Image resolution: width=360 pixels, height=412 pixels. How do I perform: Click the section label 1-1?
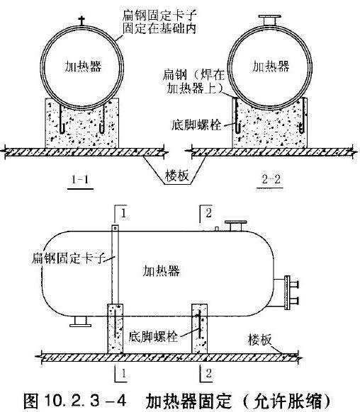pyautogui.click(x=80, y=180)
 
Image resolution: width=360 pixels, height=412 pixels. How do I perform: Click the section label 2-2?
pyautogui.click(x=271, y=179)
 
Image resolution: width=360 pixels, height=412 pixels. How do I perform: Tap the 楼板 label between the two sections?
pyautogui.click(x=177, y=176)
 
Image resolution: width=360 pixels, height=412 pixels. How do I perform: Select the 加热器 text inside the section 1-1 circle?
pyautogui.click(x=83, y=67)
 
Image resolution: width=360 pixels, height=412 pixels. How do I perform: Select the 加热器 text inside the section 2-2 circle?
pyautogui.click(x=271, y=67)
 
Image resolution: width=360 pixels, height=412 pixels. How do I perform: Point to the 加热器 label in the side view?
pyautogui.click(x=161, y=270)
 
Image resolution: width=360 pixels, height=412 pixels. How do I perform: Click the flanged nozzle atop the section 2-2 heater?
pyautogui.click(x=269, y=21)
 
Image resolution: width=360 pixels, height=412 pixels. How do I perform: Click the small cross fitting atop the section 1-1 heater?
pyautogui.click(x=81, y=21)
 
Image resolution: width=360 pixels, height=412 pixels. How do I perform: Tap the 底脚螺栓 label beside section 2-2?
pyautogui.click(x=196, y=125)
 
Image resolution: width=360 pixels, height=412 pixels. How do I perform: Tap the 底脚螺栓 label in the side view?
pyautogui.click(x=153, y=336)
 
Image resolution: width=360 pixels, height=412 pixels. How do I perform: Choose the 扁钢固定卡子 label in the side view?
pyautogui.click(x=68, y=258)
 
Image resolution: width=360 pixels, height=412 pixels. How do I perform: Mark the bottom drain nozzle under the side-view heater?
pyautogui.click(x=81, y=321)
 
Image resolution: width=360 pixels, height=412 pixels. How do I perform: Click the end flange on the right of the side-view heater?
pyautogui.click(x=287, y=292)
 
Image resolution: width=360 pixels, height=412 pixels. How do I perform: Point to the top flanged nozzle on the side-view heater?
pyautogui.click(x=235, y=226)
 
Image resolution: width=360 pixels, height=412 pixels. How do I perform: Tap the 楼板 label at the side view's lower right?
pyautogui.click(x=259, y=340)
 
